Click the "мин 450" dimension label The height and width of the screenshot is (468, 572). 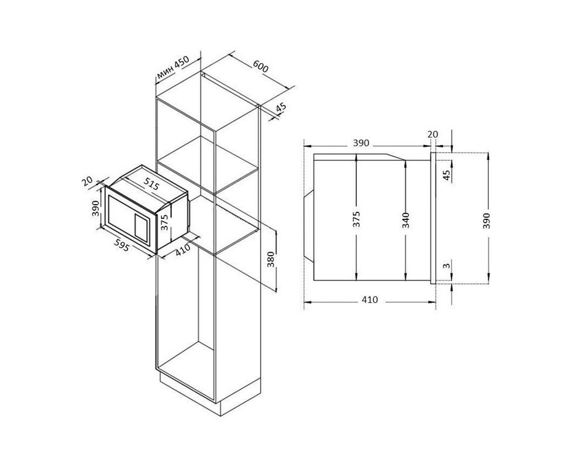click(173, 68)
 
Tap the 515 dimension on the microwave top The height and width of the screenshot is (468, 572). click(151, 184)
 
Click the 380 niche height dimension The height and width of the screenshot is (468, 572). click(270, 259)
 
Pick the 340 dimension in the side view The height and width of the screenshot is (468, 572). click(406, 220)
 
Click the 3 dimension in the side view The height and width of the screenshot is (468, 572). click(446, 266)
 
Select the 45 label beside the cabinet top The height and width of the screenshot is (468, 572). click(281, 108)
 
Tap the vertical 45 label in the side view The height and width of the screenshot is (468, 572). click(446, 174)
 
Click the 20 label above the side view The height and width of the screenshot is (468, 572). click(433, 134)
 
